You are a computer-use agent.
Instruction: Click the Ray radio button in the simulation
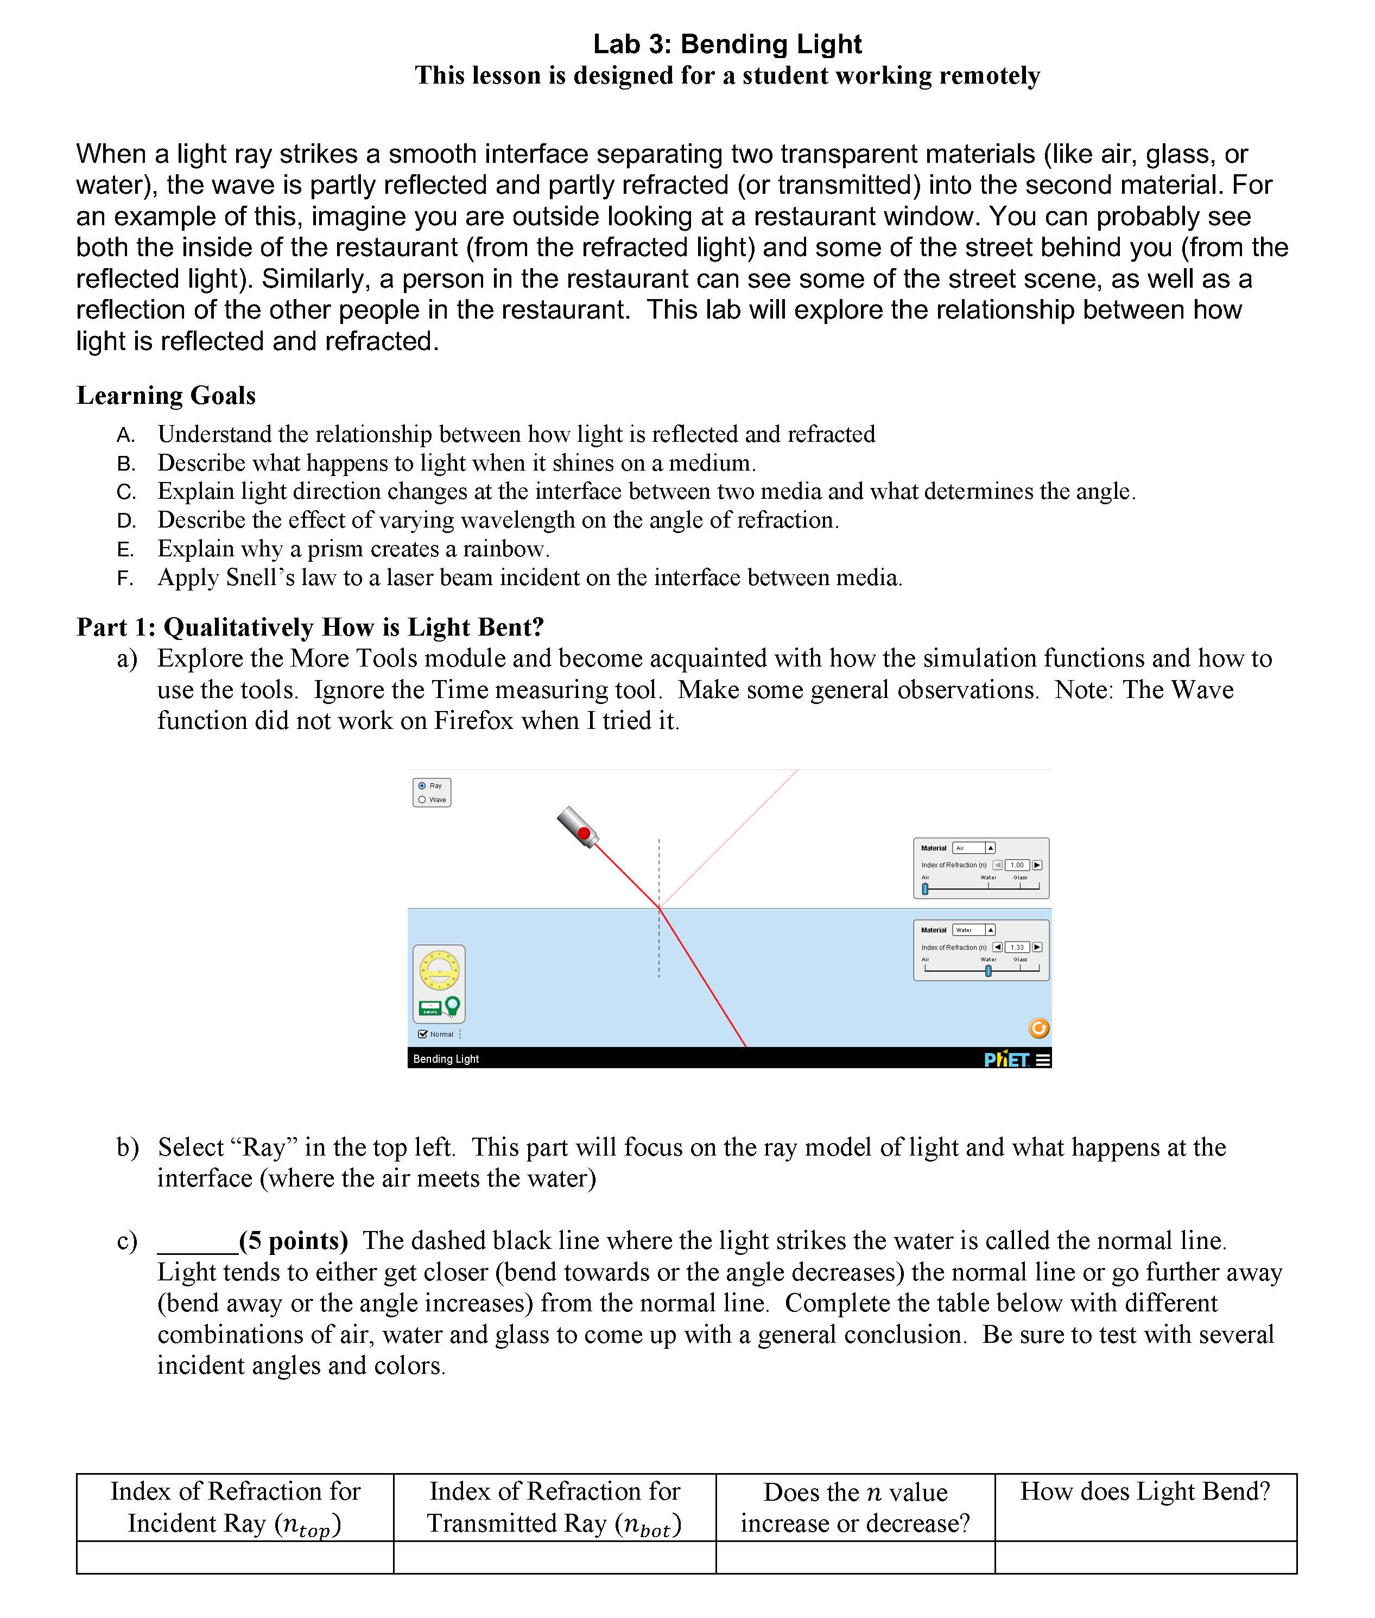pos(422,785)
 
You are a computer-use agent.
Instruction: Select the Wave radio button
pos(422,800)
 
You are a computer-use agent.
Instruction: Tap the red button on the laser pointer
pos(584,833)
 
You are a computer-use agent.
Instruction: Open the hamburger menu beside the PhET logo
pos(1043,1059)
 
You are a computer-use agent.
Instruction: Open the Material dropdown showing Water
pos(973,930)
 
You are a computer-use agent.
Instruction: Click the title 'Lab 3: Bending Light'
pos(727,45)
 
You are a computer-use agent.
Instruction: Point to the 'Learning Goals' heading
pos(166,396)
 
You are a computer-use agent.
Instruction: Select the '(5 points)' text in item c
pos(294,1241)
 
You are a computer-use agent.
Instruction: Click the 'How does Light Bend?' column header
pos(1145,1492)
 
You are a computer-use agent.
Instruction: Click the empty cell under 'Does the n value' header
pos(855,1557)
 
